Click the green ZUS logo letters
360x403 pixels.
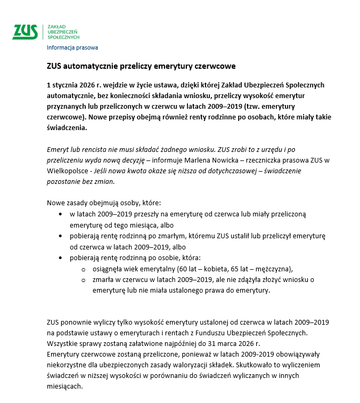[25, 31]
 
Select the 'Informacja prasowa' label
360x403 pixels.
[72, 47]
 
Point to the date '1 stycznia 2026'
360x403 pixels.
[72, 85]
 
